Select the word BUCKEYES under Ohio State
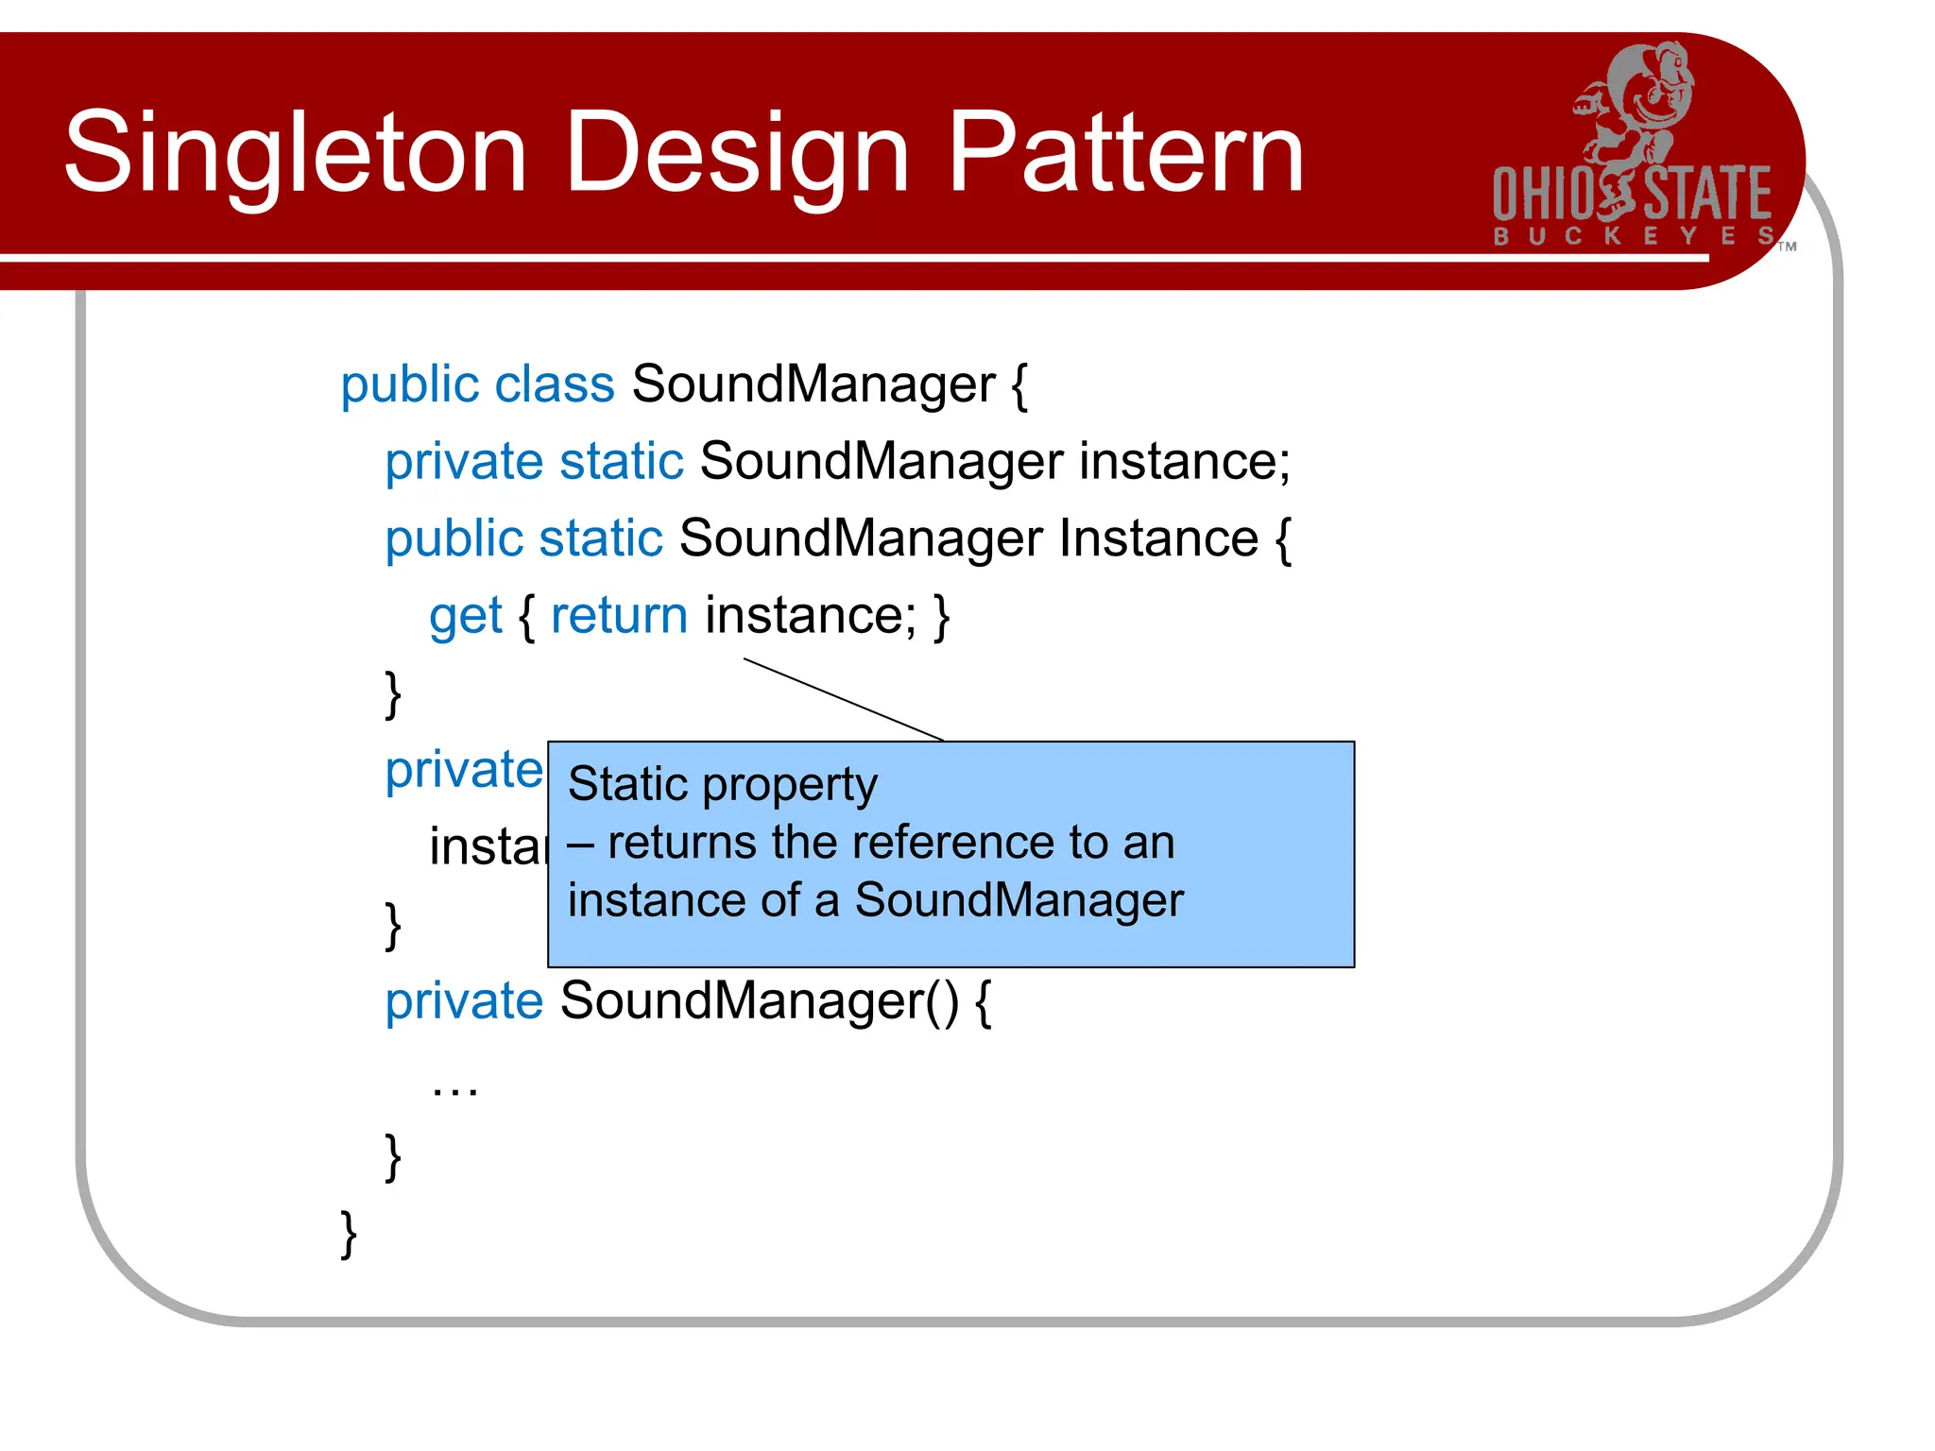(x=1633, y=235)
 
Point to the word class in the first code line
(x=555, y=385)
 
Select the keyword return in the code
(x=619, y=616)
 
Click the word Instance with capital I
(x=1158, y=538)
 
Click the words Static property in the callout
(x=723, y=785)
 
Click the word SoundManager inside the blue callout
(x=1019, y=900)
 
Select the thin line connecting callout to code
(x=844, y=699)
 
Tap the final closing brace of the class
(x=349, y=1234)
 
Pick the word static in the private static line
(x=621, y=462)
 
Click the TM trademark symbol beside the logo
(x=1787, y=248)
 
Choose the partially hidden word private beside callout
(x=464, y=770)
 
